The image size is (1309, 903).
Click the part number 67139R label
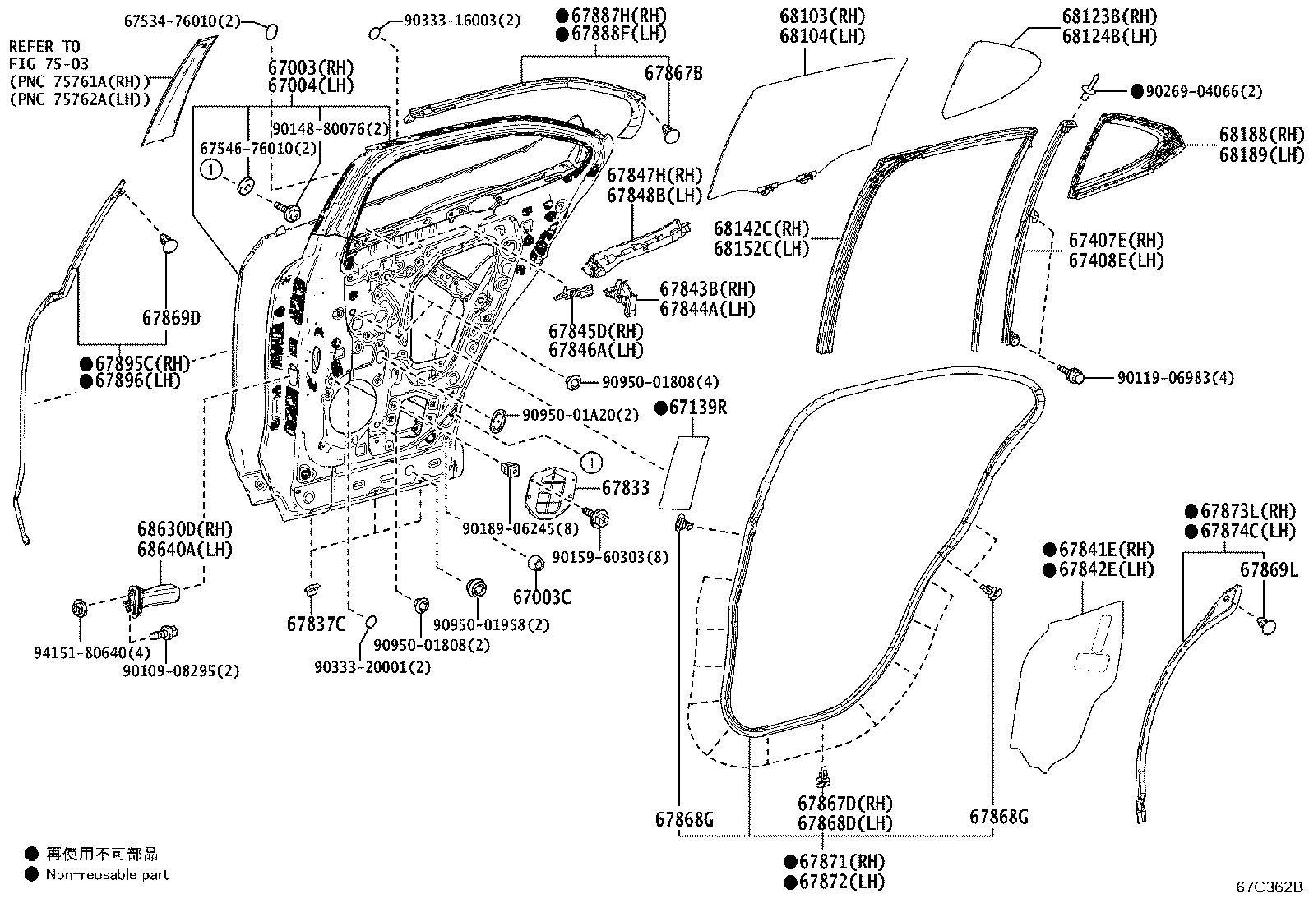tap(698, 408)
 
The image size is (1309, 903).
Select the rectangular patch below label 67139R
tap(684, 473)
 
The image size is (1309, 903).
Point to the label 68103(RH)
tap(822, 16)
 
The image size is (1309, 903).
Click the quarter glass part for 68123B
tap(992, 80)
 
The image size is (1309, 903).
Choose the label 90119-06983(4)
tap(1176, 378)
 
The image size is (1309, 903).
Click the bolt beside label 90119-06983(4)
tap(1071, 374)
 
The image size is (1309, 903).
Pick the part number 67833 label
tap(625, 488)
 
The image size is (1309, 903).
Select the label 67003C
tap(542, 597)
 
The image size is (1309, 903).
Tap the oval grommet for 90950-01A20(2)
tap(498, 419)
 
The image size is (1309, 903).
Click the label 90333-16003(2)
tap(462, 21)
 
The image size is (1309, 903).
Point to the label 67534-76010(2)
tap(183, 21)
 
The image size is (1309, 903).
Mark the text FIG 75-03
tap(49, 63)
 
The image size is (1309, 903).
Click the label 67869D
tap(171, 318)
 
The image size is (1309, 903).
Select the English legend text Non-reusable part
tap(107, 874)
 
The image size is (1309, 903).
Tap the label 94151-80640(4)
tap(92, 652)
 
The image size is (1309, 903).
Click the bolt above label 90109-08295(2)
tap(164, 633)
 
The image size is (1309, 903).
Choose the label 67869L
tap(1269, 569)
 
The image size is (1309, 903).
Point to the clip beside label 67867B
tap(671, 132)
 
